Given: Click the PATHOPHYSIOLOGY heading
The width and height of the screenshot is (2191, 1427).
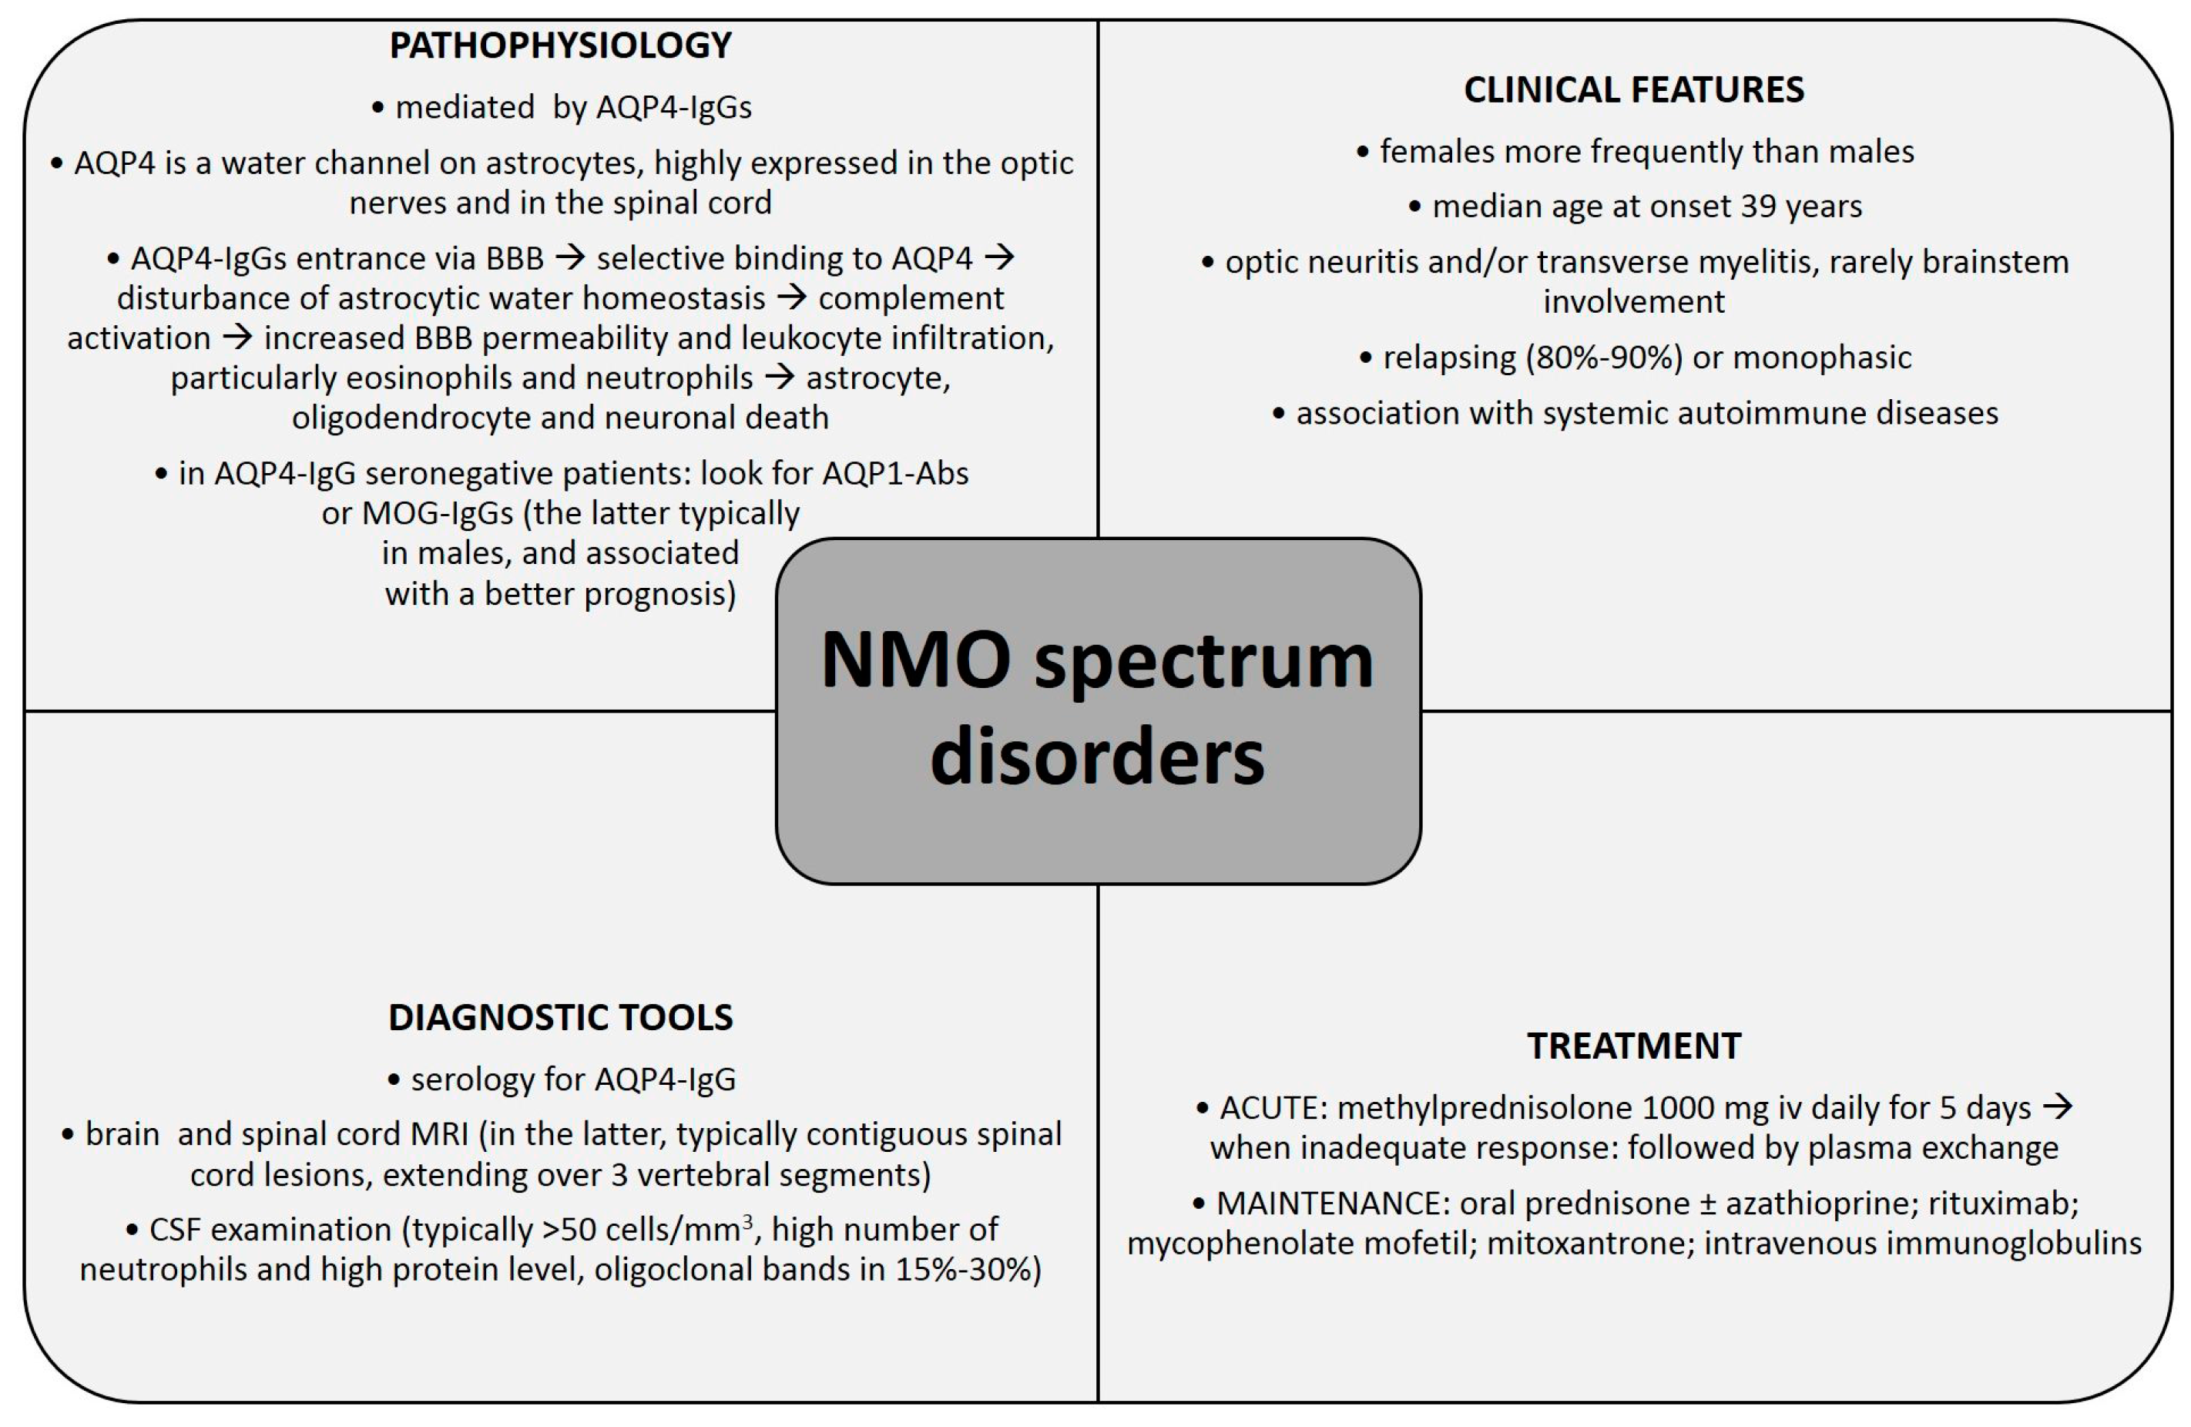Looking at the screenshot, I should pos(560,45).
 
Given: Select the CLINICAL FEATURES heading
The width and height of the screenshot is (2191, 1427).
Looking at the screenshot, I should pos(1633,89).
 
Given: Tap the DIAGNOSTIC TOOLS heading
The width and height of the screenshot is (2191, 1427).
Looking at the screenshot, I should pos(560,1017).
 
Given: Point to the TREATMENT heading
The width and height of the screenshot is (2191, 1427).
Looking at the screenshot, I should pos(1633,1046).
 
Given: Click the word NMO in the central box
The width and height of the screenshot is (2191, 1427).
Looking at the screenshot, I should pos(916,660).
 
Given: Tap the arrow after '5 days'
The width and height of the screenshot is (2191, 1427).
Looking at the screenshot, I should pos(2058,1106).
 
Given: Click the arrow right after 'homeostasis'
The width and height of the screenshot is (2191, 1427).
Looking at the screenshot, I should pos(792,297).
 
